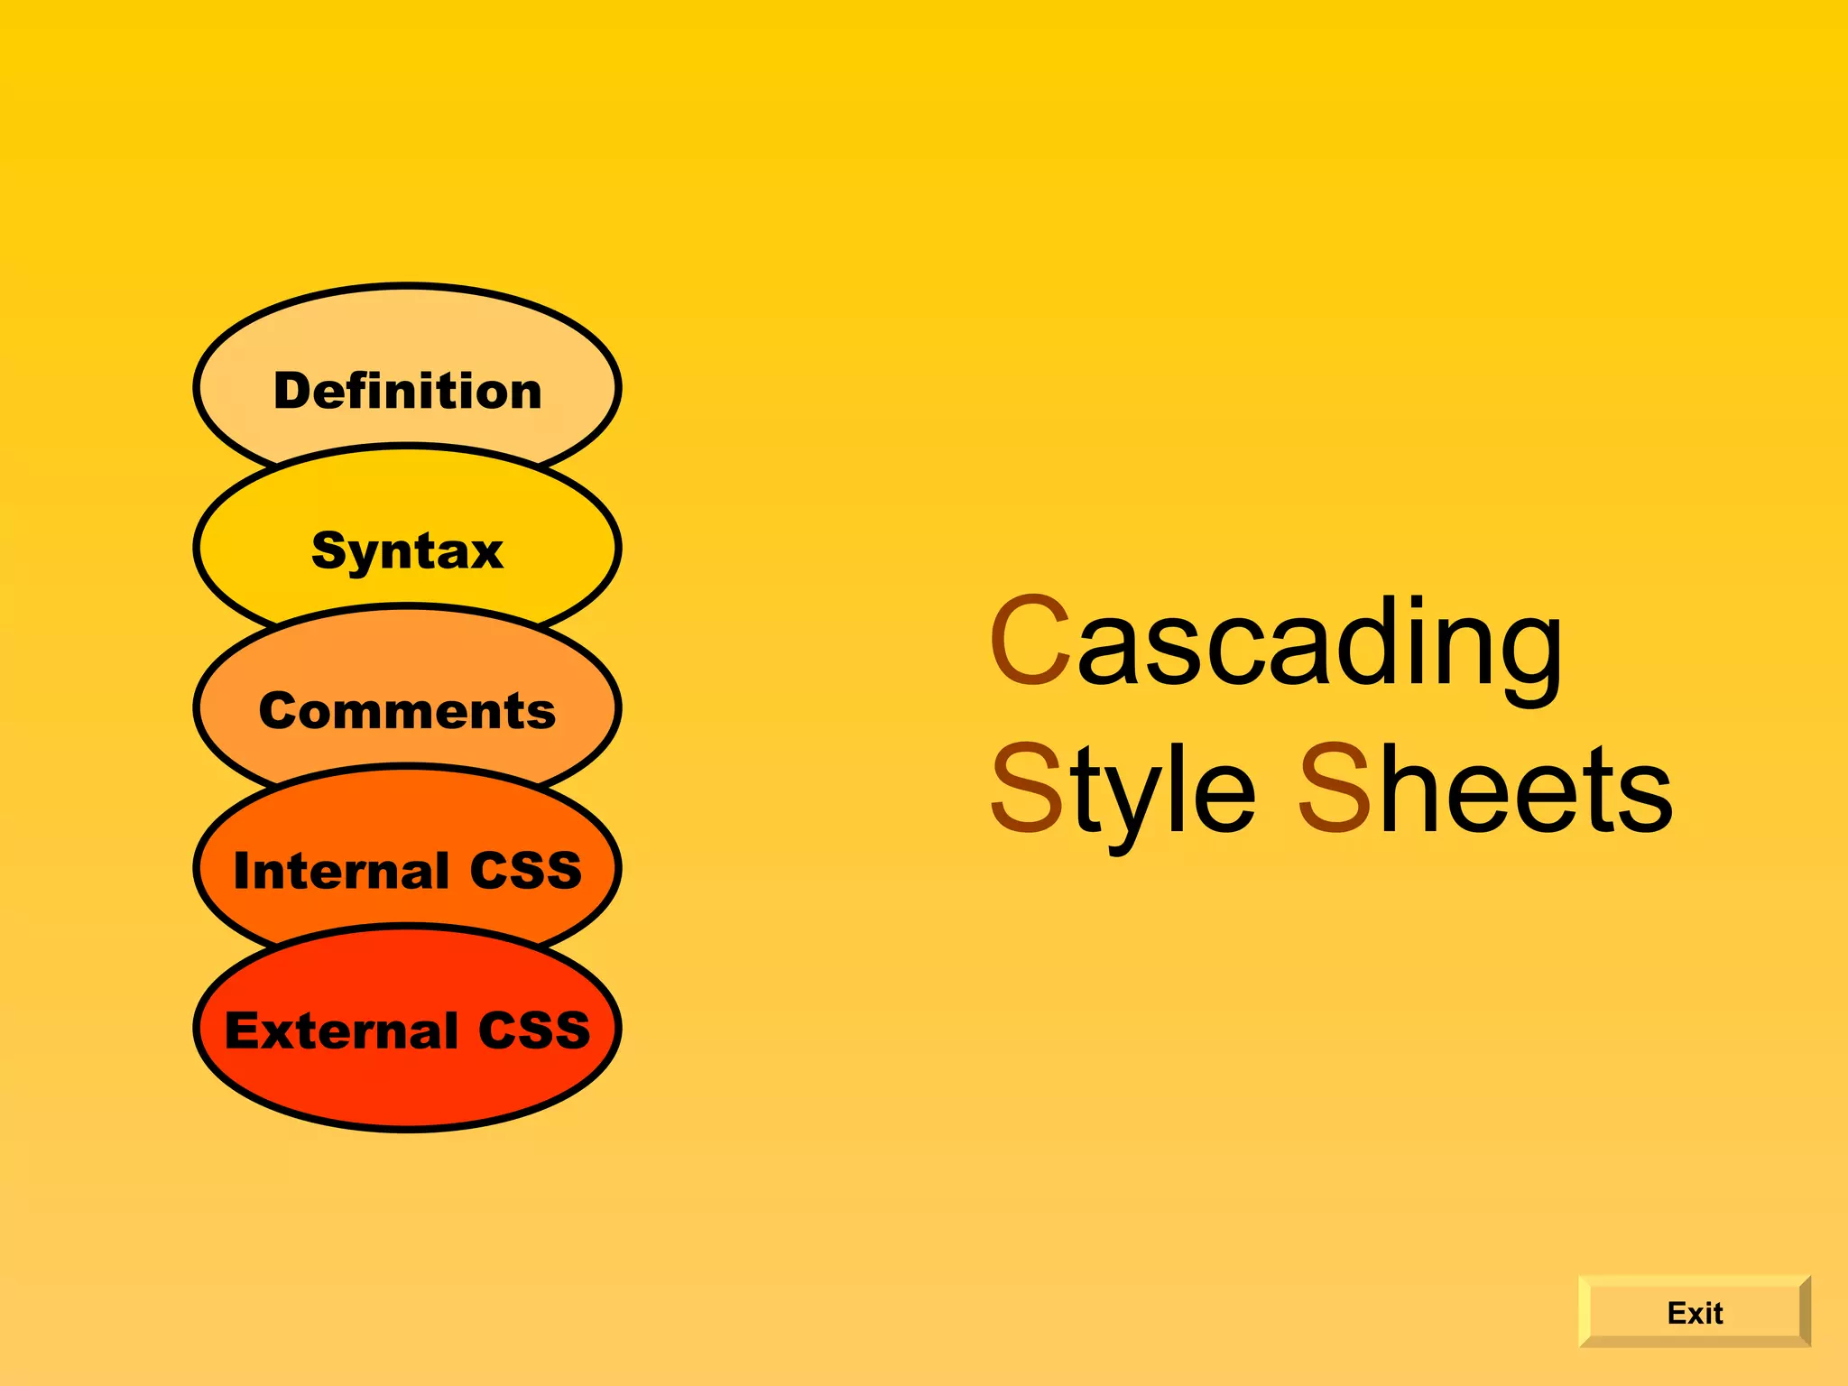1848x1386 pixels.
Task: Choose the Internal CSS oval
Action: coord(407,870)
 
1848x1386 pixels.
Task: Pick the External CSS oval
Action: coord(407,1030)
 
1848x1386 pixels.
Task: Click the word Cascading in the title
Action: coord(1276,642)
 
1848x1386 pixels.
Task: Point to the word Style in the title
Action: coord(1123,790)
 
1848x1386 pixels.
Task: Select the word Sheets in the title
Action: coord(1485,789)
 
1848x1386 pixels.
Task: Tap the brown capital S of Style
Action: coord(1027,789)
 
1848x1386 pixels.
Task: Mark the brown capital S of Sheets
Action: coord(1335,789)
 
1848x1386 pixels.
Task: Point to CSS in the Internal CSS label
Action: coord(525,871)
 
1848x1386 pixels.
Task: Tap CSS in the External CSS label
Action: coord(534,1030)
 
